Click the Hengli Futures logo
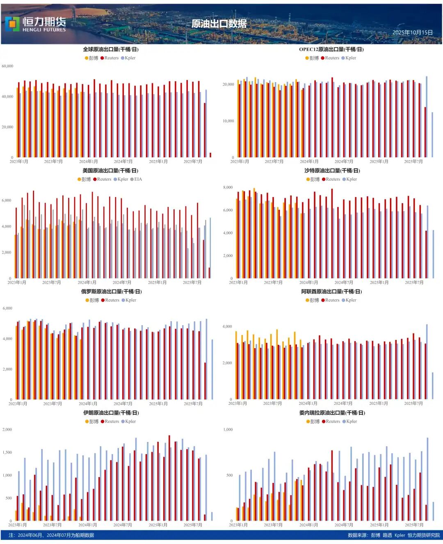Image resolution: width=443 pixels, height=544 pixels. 36,24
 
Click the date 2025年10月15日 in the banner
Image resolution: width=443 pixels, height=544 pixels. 412,32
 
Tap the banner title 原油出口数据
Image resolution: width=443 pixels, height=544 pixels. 219,24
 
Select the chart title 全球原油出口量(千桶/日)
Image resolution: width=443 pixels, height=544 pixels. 111,49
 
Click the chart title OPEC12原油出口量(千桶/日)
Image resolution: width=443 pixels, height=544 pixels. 331,49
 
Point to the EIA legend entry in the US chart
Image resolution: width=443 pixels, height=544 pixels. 136,179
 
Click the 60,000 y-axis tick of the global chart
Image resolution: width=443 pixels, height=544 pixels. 7,66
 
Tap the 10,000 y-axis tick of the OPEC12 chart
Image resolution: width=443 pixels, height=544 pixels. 228,121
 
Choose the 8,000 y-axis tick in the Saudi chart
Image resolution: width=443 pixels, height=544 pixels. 228,188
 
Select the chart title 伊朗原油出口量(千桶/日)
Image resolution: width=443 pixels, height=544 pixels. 111,413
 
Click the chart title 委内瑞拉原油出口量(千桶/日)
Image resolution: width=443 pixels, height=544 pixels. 332,413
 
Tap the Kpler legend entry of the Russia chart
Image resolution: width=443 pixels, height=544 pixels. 129,300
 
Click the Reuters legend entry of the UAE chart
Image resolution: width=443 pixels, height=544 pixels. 330,300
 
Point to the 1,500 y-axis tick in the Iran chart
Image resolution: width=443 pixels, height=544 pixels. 7,452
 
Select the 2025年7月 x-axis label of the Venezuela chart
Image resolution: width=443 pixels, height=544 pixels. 414,525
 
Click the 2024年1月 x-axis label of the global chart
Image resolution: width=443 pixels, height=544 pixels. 88,162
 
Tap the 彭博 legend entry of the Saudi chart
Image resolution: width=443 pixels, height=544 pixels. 313,179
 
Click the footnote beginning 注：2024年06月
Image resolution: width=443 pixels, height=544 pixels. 51,535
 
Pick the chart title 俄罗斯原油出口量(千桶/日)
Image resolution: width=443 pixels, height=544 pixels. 111,292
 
